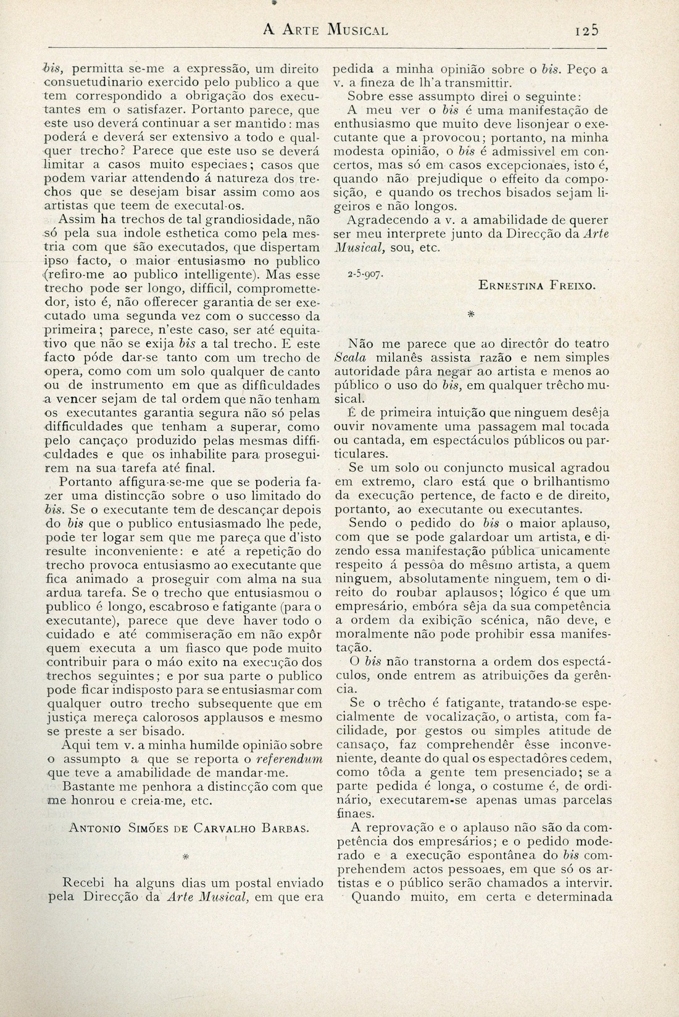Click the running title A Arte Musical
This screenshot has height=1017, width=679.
(x=325, y=29)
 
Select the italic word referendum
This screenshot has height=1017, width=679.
(x=290, y=761)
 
